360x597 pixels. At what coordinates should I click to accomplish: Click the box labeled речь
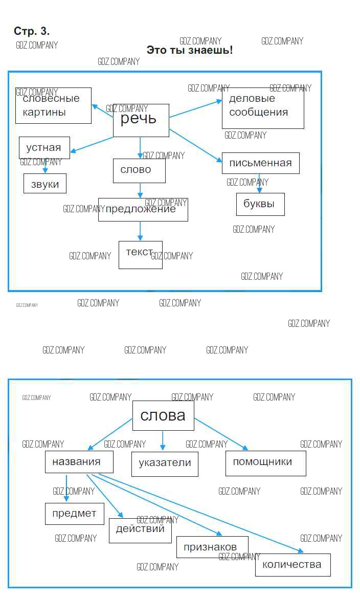pyautogui.click(x=141, y=120)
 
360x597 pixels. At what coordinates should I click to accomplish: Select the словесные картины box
pyautogui.click(x=53, y=105)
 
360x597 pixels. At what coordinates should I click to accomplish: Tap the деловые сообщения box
pyautogui.click(x=263, y=107)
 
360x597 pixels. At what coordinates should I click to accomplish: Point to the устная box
pyautogui.click(x=44, y=148)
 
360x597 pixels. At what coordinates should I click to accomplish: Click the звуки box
pyautogui.click(x=45, y=184)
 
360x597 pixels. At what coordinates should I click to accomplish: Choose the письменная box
pyautogui.click(x=260, y=163)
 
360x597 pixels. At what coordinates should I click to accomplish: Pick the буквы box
pyautogui.click(x=260, y=204)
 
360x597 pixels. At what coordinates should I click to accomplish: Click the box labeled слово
pyautogui.click(x=139, y=171)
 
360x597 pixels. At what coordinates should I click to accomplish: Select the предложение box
pyautogui.click(x=143, y=209)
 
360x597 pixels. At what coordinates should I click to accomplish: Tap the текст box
pyautogui.click(x=141, y=255)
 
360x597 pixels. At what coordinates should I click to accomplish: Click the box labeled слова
pyautogui.click(x=163, y=415)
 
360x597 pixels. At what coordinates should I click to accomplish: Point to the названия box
pyautogui.click(x=79, y=462)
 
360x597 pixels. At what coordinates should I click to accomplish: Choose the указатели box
pyautogui.click(x=165, y=463)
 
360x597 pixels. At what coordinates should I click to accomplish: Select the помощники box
pyautogui.click(x=265, y=463)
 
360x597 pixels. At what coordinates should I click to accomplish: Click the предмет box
pyautogui.click(x=75, y=514)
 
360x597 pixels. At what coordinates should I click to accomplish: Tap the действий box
pyautogui.click(x=140, y=530)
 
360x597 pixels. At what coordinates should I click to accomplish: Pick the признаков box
pyautogui.click(x=212, y=547)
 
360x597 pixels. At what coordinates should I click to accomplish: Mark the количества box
pyautogui.click(x=292, y=565)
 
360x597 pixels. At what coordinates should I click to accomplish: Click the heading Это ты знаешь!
pyautogui.click(x=190, y=50)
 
